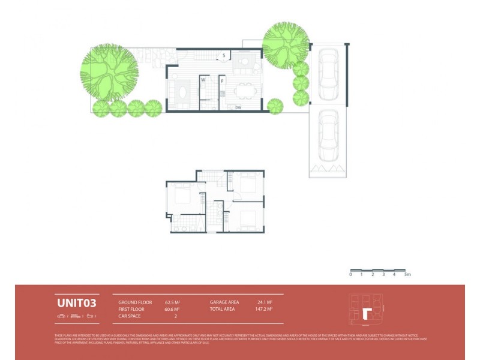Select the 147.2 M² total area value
(263, 309)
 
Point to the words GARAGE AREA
(224, 302)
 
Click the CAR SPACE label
(130, 316)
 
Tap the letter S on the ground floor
(224, 55)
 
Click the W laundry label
(203, 80)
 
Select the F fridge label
(222, 80)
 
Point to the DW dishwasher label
(238, 107)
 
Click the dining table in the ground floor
(245, 91)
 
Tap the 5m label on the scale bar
(407, 275)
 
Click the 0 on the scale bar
(351, 275)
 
